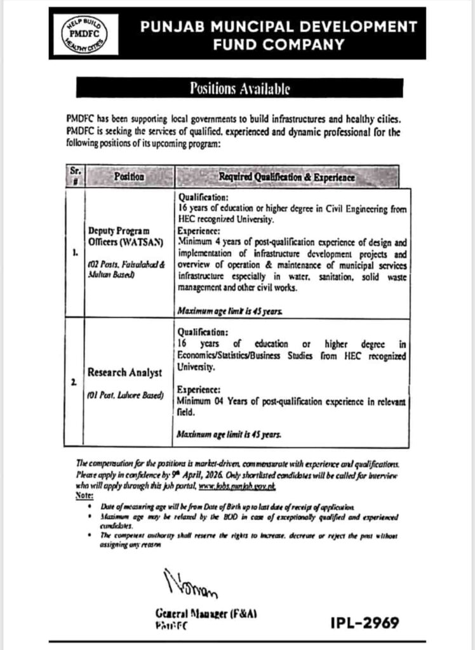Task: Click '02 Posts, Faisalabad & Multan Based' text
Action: pyautogui.click(x=124, y=270)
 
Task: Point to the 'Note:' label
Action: pyautogui.click(x=84, y=494)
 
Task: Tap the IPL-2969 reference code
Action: pyautogui.click(x=364, y=623)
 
